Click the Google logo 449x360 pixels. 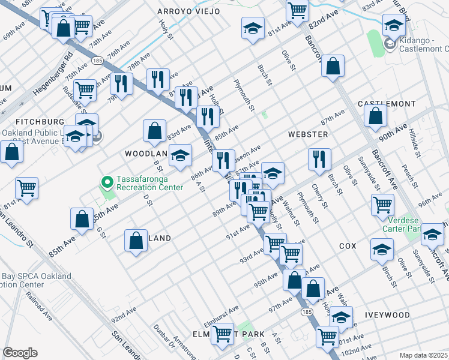(x=20, y=353)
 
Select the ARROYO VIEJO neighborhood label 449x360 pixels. (x=188, y=11)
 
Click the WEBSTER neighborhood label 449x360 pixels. (x=308, y=134)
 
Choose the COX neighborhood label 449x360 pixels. (x=348, y=246)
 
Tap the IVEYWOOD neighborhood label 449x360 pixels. (x=387, y=315)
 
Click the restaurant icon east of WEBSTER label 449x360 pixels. (x=319, y=159)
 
